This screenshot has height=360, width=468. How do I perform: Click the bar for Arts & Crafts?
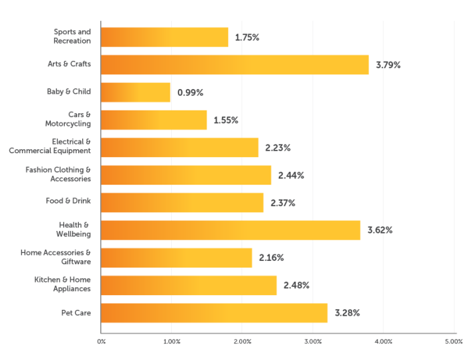pos(234,64)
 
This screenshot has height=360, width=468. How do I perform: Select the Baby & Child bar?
pos(136,92)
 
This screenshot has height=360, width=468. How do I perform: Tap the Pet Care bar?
pos(214,312)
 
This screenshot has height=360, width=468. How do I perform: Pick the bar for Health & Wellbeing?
pos(231,230)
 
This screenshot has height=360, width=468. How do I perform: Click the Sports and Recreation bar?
pos(164,37)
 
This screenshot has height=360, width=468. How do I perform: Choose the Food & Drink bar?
pos(182,202)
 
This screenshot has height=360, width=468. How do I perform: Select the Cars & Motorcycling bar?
pos(154,120)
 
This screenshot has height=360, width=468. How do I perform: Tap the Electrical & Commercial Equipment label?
pos(50,147)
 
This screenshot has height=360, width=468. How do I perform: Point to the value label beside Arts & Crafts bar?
pos(388,65)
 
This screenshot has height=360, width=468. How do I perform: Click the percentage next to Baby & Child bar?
pos(191,92)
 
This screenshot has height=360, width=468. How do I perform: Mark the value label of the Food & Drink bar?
pos(283,203)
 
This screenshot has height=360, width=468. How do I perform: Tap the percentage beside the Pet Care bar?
pos(347,313)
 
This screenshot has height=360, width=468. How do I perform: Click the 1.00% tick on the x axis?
pos(171,342)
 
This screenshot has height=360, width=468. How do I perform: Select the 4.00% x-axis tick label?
pos(383,342)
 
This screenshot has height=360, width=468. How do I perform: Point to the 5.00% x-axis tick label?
pos(453,342)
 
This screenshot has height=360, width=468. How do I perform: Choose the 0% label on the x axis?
pos(101,342)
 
